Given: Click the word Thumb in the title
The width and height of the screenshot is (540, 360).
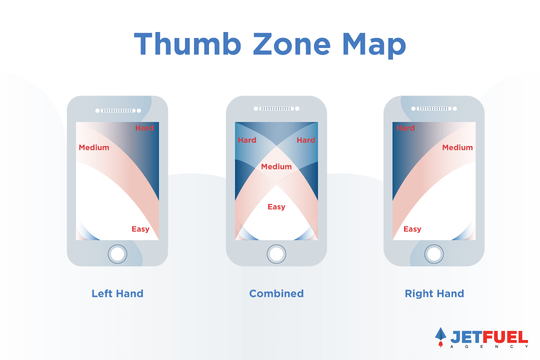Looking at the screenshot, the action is tap(187, 44).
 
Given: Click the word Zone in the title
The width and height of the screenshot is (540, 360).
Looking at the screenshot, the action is tap(291, 44).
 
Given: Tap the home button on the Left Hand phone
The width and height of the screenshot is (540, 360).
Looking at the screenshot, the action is tap(117, 254).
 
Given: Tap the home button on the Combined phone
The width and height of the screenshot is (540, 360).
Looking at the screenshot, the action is tap(276, 254).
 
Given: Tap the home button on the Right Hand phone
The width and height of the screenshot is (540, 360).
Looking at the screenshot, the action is tap(434, 254).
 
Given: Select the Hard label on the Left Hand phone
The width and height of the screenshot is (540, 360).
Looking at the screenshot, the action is tap(144, 128).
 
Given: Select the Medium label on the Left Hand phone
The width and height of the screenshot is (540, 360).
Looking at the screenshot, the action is tap(94, 147).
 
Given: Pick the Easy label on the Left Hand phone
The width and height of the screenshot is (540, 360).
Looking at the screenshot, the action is tap(140, 229).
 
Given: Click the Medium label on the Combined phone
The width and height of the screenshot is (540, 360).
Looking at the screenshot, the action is tap(276, 166).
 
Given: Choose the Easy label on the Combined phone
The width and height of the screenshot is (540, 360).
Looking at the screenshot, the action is tap(276, 207).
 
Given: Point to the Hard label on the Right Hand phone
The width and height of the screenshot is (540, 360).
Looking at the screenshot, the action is tap(405, 128).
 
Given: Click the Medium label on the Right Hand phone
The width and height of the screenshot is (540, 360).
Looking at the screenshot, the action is tap(457, 147).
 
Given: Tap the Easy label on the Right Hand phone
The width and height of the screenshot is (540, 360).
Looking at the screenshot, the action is tap(412, 229).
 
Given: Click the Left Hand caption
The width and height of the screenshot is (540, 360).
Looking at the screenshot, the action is tap(117, 293).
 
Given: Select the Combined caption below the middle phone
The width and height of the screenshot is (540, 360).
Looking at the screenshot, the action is tap(276, 293).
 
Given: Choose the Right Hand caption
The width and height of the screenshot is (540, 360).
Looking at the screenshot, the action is tap(434, 294).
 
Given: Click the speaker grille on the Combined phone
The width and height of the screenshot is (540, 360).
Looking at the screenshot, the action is tap(276, 108).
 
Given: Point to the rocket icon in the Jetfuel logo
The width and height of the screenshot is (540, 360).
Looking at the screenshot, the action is tap(440, 336).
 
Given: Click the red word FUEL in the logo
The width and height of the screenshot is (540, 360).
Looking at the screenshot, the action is tap(505, 337).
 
